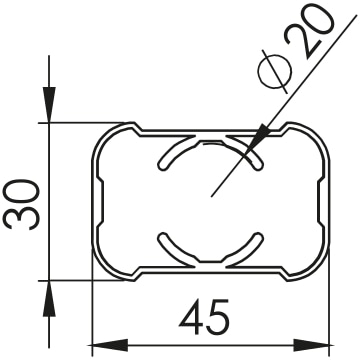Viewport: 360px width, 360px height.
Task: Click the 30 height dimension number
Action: pyautogui.click(x=21, y=204)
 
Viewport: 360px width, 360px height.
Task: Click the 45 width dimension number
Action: pyautogui.click(x=204, y=317)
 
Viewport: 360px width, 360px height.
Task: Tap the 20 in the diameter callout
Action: pyautogui.click(x=308, y=32)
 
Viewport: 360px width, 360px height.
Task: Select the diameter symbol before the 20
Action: pyautogui.click(x=275, y=71)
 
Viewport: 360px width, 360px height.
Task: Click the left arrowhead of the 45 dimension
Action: pyautogui.click(x=110, y=345)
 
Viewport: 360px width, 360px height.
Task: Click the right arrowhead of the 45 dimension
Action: pyautogui.click(x=311, y=345)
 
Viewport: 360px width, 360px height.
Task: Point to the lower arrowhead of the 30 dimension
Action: pyautogui.click(x=49, y=299)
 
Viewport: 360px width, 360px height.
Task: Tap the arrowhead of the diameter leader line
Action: pyautogui.click(x=258, y=139)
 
